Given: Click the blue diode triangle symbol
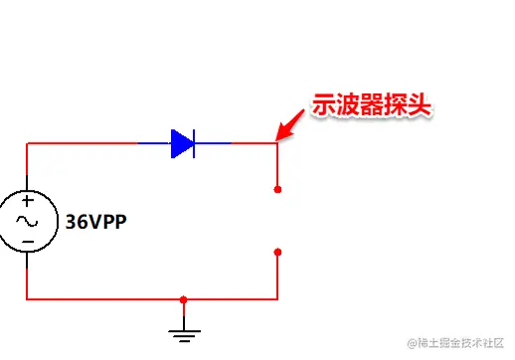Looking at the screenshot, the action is click(x=180, y=144).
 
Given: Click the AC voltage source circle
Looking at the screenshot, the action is click(x=27, y=221).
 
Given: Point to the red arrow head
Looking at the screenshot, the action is click(x=282, y=132).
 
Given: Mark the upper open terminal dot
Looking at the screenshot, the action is click(x=277, y=189).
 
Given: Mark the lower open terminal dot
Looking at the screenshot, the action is click(x=277, y=253).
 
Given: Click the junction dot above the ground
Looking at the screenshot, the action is click(x=183, y=298).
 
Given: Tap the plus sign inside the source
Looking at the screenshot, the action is click(x=27, y=202).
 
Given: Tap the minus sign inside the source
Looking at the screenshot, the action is click(x=27, y=241).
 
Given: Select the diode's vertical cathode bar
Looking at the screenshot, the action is click(x=194, y=144).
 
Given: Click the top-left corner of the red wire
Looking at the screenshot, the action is click(x=27, y=144).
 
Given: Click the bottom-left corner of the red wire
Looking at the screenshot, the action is click(x=27, y=298).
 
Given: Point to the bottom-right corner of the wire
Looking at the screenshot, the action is click(x=277, y=298).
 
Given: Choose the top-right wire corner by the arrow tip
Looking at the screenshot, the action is click(x=277, y=144).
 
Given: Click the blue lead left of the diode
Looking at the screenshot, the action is click(x=153, y=144).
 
